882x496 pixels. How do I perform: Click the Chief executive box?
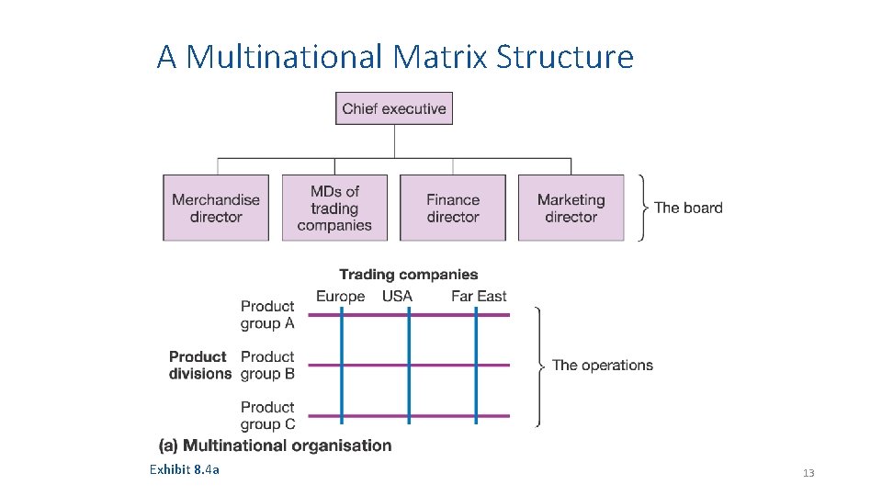click(x=394, y=108)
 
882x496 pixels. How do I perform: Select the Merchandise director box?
click(x=216, y=209)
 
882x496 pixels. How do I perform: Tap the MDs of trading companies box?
click(x=334, y=209)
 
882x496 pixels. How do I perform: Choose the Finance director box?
click(x=453, y=209)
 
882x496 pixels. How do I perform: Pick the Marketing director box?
click(x=571, y=209)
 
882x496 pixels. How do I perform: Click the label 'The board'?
click(x=688, y=208)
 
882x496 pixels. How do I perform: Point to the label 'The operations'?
click(x=603, y=365)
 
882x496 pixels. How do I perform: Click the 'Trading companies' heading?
click(x=409, y=274)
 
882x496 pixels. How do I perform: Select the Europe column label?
click(x=340, y=296)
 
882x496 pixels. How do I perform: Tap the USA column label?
click(x=397, y=296)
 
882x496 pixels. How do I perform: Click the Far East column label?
click(x=479, y=296)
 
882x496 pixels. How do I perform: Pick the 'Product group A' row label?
click(x=267, y=314)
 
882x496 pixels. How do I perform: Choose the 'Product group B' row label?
click(x=267, y=365)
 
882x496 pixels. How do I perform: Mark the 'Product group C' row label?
click(x=267, y=415)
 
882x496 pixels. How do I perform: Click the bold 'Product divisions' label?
click(x=199, y=365)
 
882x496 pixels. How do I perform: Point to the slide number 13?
click(x=808, y=473)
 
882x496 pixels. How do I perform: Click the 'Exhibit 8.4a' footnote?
click(x=185, y=470)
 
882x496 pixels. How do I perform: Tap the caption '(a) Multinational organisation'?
click(x=276, y=445)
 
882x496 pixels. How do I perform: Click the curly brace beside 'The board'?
click(x=641, y=208)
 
